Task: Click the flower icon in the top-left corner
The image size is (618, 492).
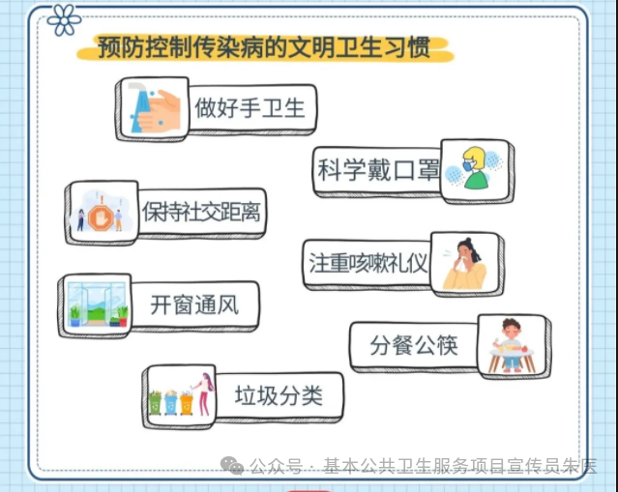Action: (64, 19)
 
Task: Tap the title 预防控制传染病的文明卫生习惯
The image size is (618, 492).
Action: (264, 47)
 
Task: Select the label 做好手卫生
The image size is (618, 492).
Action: (250, 107)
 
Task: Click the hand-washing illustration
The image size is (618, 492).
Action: (154, 109)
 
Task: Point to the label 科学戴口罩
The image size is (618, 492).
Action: (378, 170)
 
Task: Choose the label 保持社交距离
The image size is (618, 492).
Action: (201, 212)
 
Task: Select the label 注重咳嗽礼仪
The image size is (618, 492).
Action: (368, 263)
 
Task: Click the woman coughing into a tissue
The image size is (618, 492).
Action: (465, 264)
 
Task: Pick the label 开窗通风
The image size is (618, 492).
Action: (194, 305)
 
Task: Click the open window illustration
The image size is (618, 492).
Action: (97, 304)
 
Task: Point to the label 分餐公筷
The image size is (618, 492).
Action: (414, 345)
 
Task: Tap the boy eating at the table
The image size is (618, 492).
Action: (512, 346)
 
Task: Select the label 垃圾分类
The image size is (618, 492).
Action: (279, 395)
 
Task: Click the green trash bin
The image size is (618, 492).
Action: (155, 402)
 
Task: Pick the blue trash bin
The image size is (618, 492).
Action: (171, 402)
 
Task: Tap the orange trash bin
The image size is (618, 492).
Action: (187, 402)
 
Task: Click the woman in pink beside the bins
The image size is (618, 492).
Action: (204, 394)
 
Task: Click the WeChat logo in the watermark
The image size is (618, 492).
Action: (232, 466)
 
